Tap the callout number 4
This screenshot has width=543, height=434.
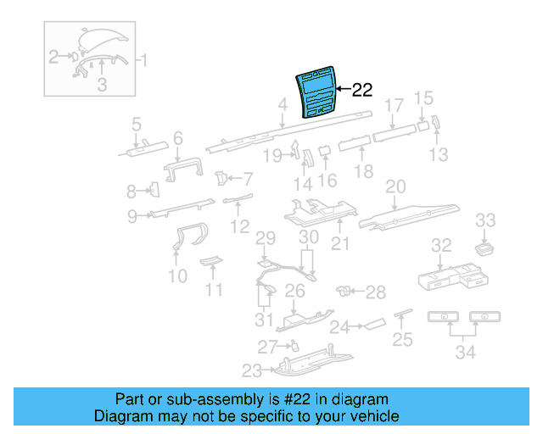click(x=282, y=105)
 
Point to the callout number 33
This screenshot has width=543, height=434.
click(x=484, y=220)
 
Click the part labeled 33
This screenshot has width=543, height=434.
click(x=485, y=248)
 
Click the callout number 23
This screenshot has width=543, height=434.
click(x=252, y=370)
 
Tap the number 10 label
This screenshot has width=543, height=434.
click(x=177, y=276)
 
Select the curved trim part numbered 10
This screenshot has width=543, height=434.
click(x=185, y=239)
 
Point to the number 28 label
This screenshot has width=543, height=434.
click(x=375, y=292)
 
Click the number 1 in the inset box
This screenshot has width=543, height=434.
click(x=143, y=60)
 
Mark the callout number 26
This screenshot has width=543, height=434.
click(x=294, y=292)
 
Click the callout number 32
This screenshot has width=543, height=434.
click(x=440, y=246)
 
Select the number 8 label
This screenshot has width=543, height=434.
click(x=132, y=191)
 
